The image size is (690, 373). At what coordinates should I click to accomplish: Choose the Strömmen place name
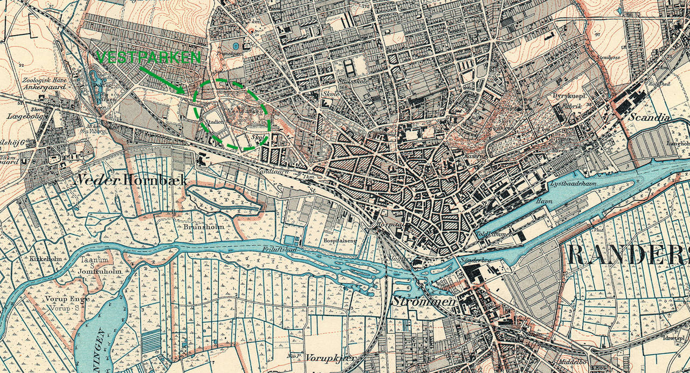[424, 301]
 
